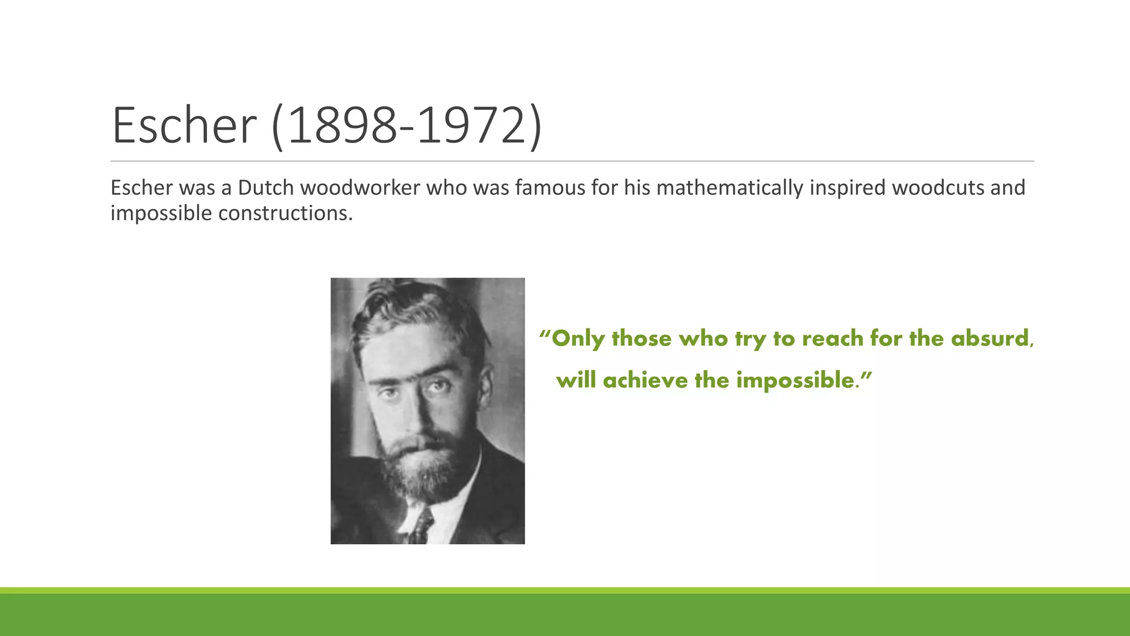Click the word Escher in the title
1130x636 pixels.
[x=184, y=126]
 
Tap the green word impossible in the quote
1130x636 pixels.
[x=795, y=380]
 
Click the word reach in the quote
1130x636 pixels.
[x=833, y=338]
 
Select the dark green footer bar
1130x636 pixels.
[x=565, y=616]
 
